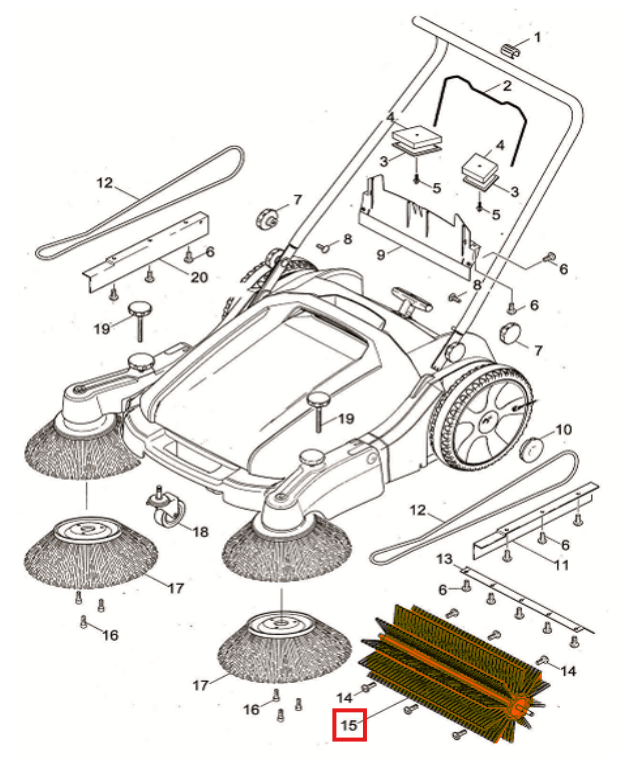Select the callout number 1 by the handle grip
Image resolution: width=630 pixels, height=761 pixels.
coord(536,38)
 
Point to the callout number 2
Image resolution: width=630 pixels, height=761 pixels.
coord(507,87)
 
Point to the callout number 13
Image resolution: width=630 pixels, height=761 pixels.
coord(445,557)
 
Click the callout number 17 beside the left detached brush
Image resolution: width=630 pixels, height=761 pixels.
coord(176,588)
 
